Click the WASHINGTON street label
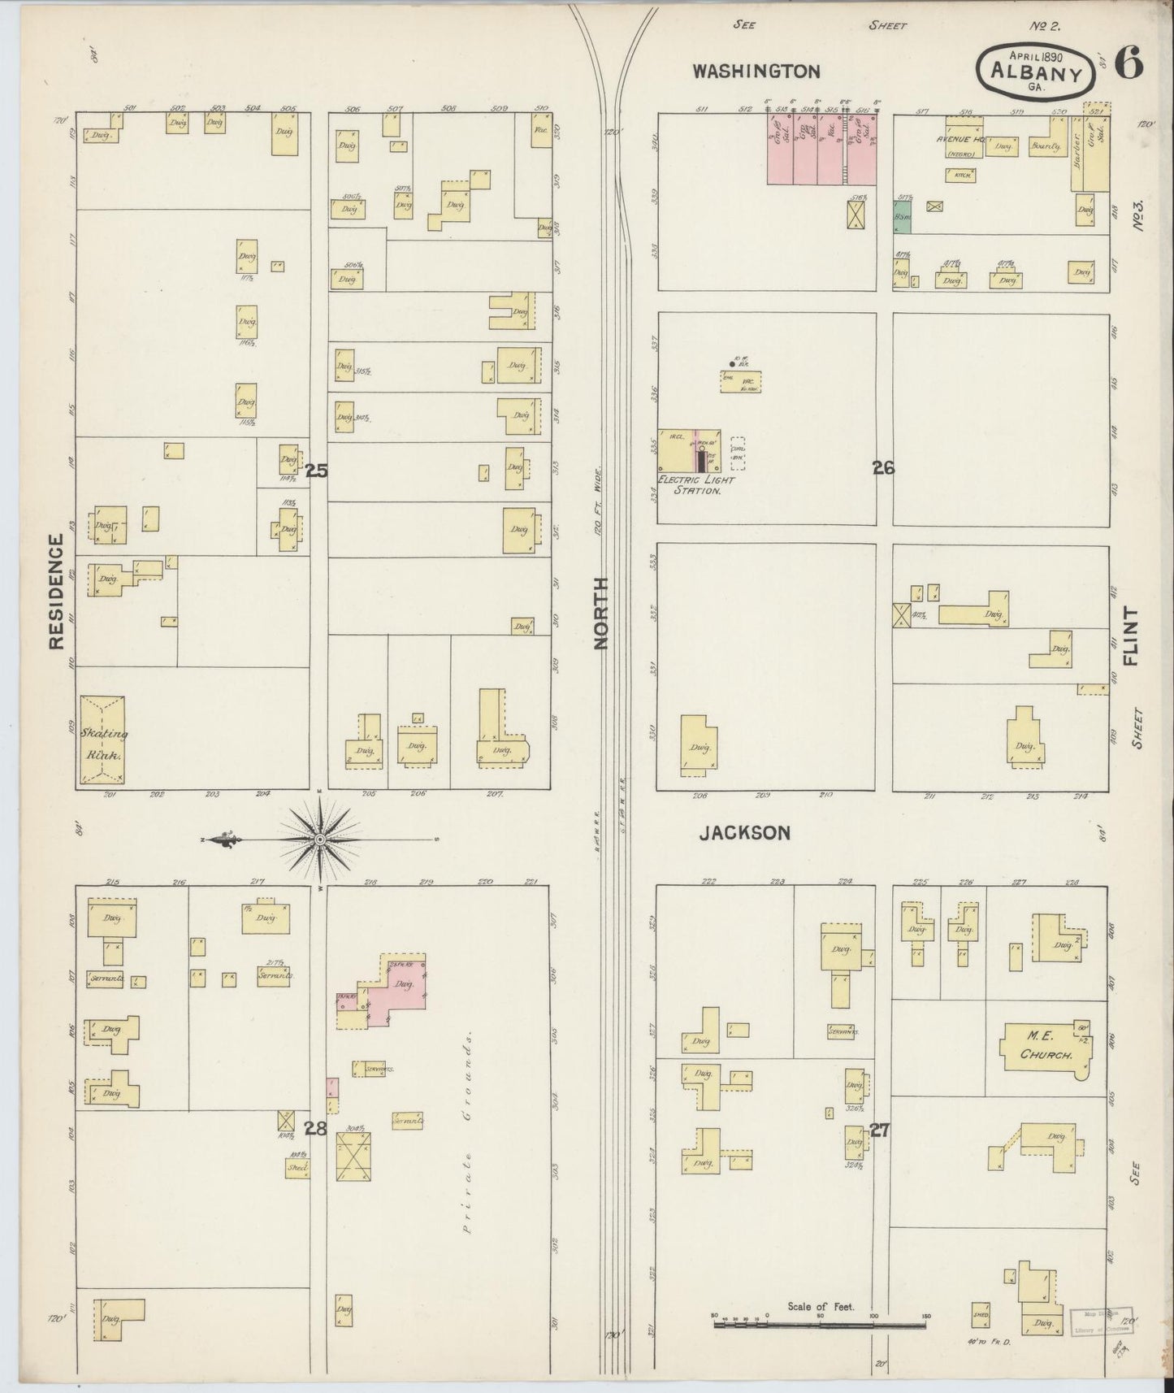pyautogui.click(x=756, y=72)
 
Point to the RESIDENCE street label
pyautogui.click(x=56, y=592)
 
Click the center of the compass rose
pyautogui.click(x=320, y=839)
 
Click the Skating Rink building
pyautogui.click(x=102, y=741)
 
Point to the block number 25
pyautogui.click(x=316, y=469)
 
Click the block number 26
pyautogui.click(x=883, y=468)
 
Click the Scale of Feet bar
pyautogui.click(x=819, y=1325)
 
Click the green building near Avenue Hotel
pyautogui.click(x=902, y=217)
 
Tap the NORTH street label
pyautogui.click(x=600, y=613)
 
